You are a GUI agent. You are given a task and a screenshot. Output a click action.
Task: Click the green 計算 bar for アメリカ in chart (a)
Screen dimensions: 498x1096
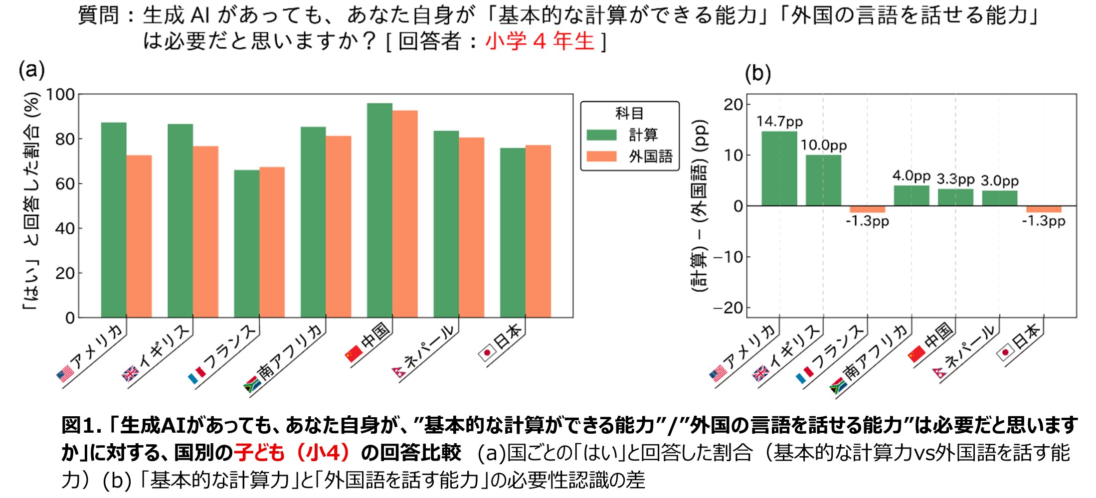tap(114, 219)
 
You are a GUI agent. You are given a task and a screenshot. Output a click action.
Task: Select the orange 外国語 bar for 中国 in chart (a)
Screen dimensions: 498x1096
tap(405, 214)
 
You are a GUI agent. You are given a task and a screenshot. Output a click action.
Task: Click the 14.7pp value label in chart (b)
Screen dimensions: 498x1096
tap(779, 122)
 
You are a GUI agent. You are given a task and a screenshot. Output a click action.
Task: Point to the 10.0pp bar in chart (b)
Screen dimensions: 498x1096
tap(823, 180)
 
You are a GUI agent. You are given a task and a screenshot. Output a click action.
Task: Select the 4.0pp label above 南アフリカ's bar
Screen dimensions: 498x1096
tap(911, 175)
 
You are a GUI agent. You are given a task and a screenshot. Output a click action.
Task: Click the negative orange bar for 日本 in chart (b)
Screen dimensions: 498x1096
tap(1044, 209)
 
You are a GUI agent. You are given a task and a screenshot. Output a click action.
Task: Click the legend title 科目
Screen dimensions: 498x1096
tap(629, 114)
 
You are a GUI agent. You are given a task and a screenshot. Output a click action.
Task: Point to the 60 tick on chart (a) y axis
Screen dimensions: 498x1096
tap(65, 184)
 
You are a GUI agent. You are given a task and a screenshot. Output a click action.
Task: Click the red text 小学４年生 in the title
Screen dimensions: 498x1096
tap(540, 41)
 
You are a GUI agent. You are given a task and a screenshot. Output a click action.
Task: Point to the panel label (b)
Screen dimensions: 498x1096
tap(757, 74)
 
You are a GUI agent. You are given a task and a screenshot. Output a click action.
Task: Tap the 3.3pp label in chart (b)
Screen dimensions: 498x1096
tap(955, 179)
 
